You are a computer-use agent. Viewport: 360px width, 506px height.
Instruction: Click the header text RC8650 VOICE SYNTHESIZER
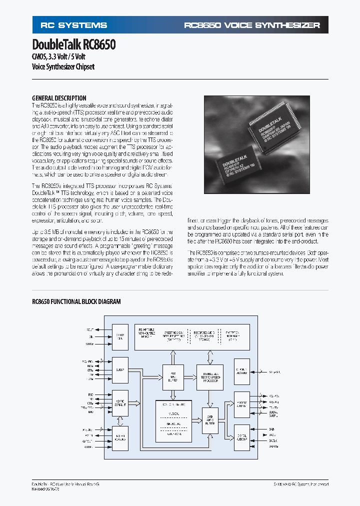pos(252,25)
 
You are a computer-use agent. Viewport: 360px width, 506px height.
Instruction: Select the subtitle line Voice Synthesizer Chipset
pos(63,66)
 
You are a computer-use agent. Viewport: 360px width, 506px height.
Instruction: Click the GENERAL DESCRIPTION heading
pos(59,98)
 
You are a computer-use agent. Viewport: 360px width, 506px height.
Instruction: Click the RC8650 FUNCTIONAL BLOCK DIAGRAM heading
pos(76,302)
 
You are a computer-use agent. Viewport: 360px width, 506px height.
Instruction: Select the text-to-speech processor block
pos(209,373)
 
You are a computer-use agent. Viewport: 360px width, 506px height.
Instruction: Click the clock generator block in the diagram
pos(120,335)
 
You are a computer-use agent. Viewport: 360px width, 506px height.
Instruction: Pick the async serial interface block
pos(120,403)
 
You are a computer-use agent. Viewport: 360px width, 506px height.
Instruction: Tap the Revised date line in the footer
pos(45,489)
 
